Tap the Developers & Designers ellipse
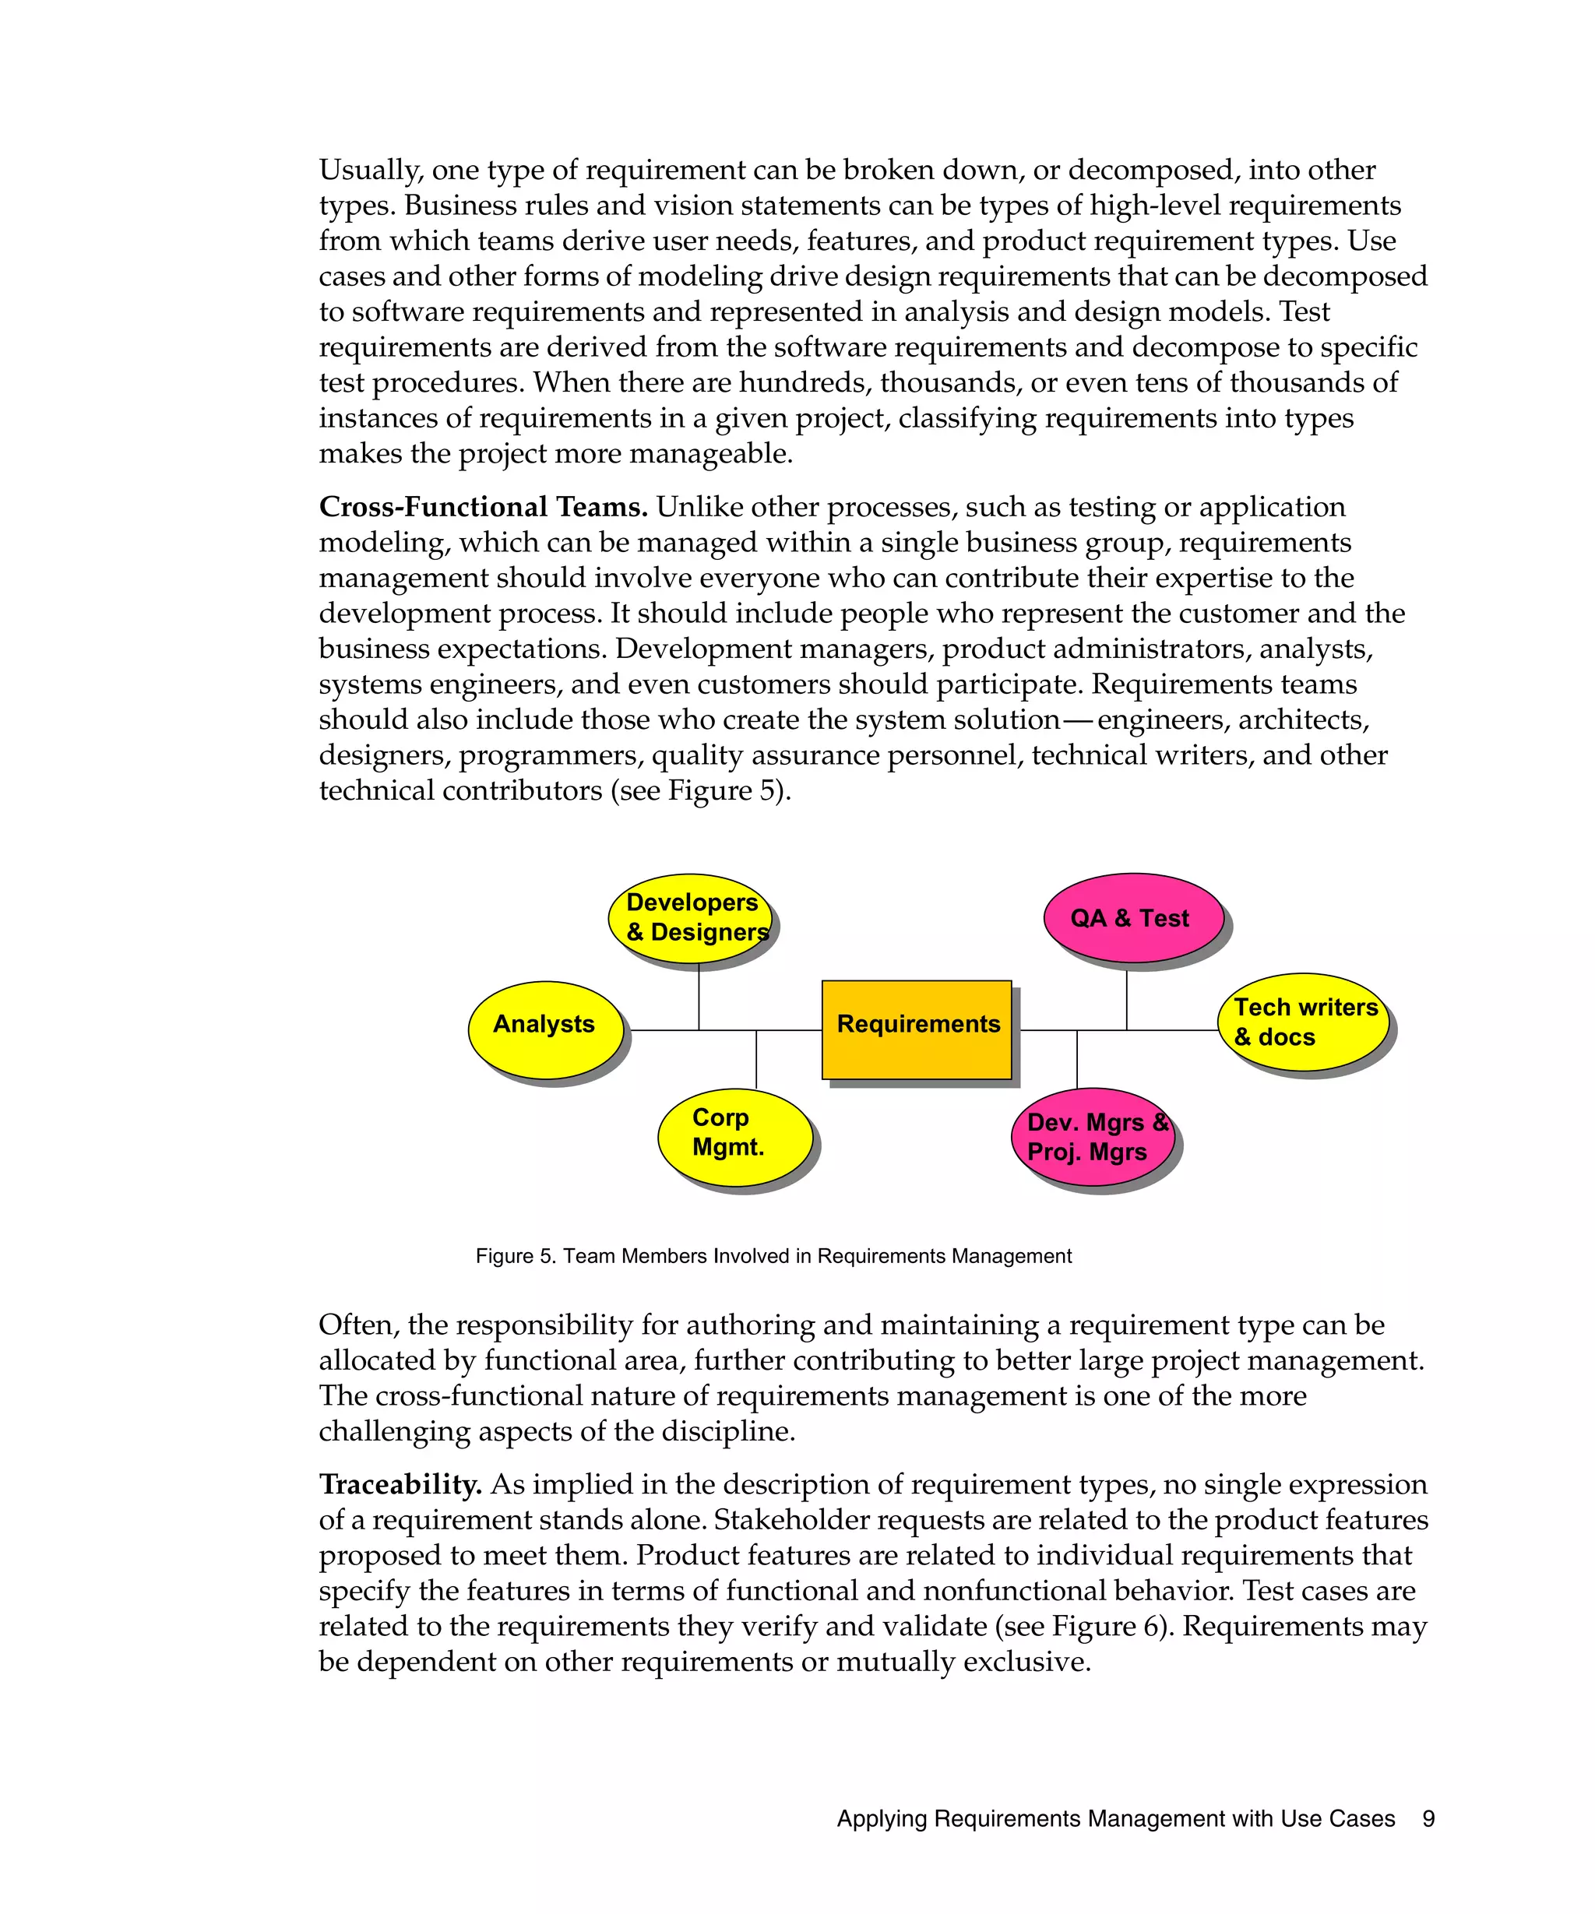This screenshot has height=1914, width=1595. pyautogui.click(x=690, y=918)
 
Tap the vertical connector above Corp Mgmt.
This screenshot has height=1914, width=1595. pyautogui.click(x=756, y=1060)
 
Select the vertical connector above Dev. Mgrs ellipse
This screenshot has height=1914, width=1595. pyautogui.click(x=1077, y=1059)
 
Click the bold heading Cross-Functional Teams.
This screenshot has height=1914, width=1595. pyautogui.click(x=482, y=507)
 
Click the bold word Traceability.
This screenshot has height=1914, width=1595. pyautogui.click(x=400, y=1484)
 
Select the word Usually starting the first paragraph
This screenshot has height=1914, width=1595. pyautogui.click(x=369, y=171)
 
